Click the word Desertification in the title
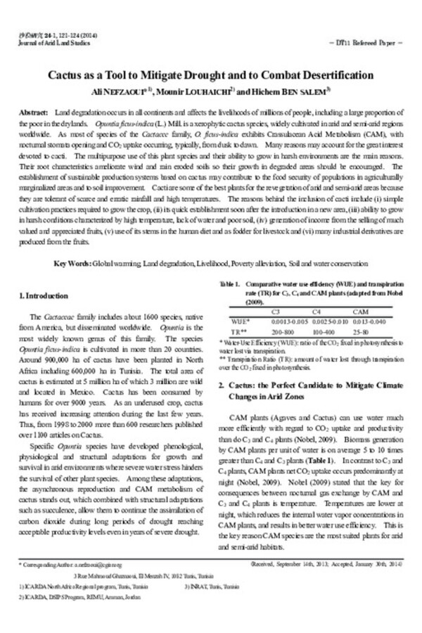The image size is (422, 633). pos(333,75)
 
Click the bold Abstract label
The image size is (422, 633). pos(32,113)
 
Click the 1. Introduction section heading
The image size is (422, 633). pos(44,296)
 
